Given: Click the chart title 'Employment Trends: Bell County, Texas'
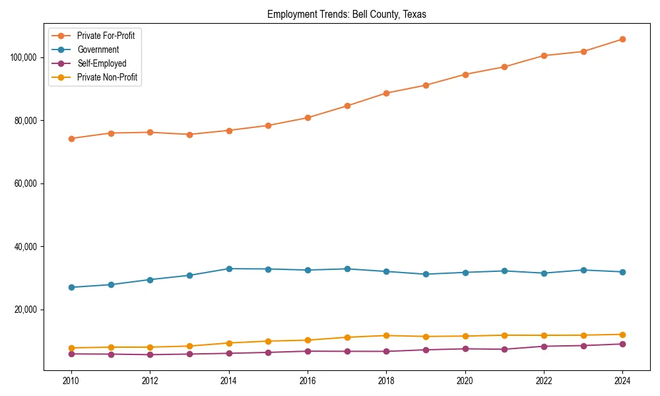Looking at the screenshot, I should pyautogui.click(x=346, y=15).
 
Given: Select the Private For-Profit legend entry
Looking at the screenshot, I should pyautogui.click(x=106, y=36).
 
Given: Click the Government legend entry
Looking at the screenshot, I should pyautogui.click(x=98, y=49).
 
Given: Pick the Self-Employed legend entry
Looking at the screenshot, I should pyautogui.click(x=101, y=63).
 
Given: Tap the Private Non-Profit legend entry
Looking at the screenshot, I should pyautogui.click(x=107, y=77).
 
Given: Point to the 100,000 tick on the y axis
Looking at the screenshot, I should pyautogui.click(x=24, y=57).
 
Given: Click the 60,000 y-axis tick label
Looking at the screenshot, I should pyautogui.click(x=26, y=183).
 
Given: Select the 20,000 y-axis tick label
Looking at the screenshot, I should pyautogui.click(x=26, y=310).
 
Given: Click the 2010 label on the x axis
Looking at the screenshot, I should pyautogui.click(x=71, y=381).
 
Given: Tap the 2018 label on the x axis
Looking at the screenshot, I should pyautogui.click(x=386, y=381).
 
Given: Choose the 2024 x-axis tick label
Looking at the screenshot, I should pyautogui.click(x=622, y=381).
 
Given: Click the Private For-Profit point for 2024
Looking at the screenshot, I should pyautogui.click(x=622, y=40).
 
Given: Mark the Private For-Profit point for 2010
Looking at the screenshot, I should pyautogui.click(x=71, y=139).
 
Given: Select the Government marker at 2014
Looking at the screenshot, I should pyautogui.click(x=229, y=269).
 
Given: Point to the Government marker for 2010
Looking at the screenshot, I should pyautogui.click(x=71, y=287).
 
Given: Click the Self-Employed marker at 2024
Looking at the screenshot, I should pyautogui.click(x=622, y=344).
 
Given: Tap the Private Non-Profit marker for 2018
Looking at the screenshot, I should pyautogui.click(x=386, y=335).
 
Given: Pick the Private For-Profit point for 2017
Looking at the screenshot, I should pyautogui.click(x=347, y=106).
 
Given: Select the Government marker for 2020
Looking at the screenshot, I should pyautogui.click(x=465, y=273).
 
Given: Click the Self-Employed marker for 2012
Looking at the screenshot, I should pyautogui.click(x=150, y=354).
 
